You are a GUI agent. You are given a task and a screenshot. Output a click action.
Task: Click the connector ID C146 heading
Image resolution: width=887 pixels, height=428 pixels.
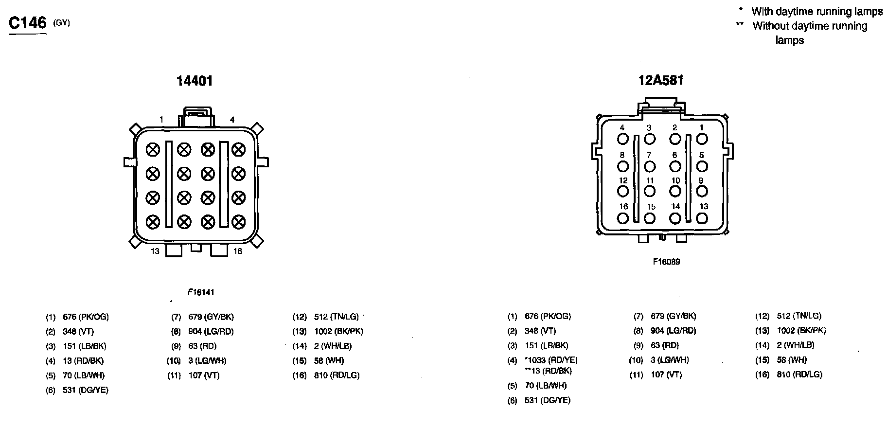28,23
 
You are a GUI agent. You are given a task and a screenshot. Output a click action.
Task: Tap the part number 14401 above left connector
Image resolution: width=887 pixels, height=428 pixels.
195,81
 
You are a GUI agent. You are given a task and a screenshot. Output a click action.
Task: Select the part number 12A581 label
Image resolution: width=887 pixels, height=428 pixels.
660,80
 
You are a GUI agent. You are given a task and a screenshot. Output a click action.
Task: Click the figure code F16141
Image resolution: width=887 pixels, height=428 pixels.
201,292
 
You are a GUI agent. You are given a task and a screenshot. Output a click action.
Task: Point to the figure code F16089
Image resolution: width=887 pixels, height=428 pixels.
666,262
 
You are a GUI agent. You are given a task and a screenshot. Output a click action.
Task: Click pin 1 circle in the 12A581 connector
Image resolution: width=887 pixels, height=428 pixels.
702,139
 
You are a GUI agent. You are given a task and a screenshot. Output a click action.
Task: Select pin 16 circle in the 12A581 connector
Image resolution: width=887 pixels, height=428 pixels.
623,218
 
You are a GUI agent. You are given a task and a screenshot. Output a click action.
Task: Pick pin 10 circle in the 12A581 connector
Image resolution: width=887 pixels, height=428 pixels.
675,192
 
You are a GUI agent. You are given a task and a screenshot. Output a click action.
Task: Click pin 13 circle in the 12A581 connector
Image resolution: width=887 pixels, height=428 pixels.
702,218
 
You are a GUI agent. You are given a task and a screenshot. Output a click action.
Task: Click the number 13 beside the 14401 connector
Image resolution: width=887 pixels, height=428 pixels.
155,251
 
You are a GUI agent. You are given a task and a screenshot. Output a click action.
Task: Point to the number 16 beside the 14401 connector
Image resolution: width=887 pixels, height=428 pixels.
237,251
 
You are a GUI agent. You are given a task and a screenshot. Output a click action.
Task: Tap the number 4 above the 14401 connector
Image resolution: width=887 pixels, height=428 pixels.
232,120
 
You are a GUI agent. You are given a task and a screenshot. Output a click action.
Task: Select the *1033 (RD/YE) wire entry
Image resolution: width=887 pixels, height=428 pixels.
550,360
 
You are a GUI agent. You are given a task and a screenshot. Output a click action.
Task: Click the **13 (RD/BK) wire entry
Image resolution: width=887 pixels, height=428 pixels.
548,371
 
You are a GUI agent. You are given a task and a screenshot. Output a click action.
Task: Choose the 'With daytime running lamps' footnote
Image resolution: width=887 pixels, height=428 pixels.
816,12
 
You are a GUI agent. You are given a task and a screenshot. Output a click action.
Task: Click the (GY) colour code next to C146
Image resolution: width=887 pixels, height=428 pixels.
62,22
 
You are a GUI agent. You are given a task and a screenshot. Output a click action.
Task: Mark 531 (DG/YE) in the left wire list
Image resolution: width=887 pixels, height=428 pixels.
86,390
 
